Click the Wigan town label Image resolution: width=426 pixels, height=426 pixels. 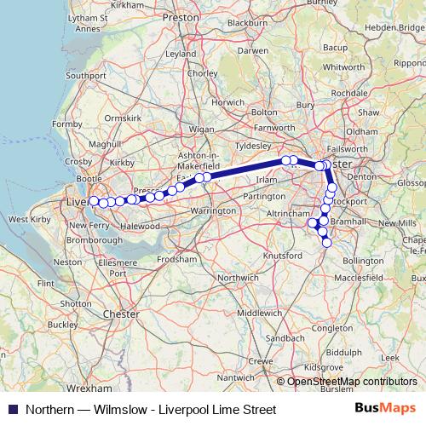pyautogui.click(x=201, y=129)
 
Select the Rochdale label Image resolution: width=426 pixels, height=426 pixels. pyautogui.click(x=349, y=92)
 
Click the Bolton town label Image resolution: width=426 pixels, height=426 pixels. pyautogui.click(x=265, y=112)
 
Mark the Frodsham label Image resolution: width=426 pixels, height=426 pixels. pyautogui.click(x=177, y=257)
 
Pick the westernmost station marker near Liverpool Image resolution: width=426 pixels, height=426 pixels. pyautogui.click(x=93, y=202)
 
